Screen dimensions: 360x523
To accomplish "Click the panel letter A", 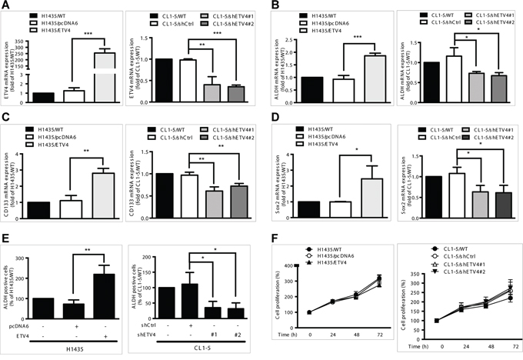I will coord(6,5).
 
